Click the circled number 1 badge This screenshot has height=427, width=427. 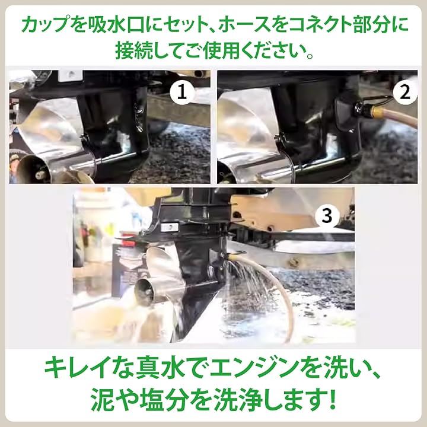182,93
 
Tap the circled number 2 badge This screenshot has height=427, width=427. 405,93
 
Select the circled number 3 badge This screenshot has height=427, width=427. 327,216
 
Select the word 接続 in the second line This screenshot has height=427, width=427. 133,51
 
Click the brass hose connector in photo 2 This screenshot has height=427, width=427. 377,111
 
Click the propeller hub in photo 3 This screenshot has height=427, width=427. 144,291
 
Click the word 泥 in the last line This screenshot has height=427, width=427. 101,400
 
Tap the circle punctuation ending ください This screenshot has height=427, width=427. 310,56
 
